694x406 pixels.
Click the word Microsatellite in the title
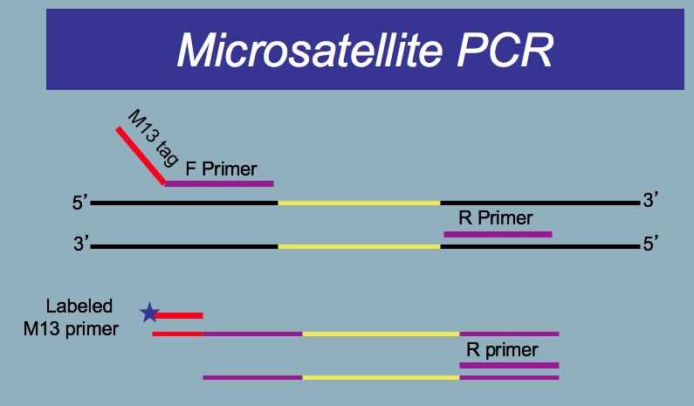coord(310,50)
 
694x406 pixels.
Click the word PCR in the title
coord(505,50)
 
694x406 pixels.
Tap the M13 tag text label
coord(153,138)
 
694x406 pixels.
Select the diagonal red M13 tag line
coord(141,155)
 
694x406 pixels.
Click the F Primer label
coord(221,169)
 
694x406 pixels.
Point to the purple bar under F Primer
coord(219,183)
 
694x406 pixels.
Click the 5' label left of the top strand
coord(79,203)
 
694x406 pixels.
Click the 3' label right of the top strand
coord(650,200)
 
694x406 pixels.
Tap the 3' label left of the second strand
coord(81,244)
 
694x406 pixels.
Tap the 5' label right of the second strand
coord(650,244)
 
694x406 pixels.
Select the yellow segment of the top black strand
coord(359,203)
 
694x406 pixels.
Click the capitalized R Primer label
coord(495,217)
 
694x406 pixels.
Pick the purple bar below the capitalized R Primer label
coord(498,234)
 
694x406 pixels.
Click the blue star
coord(149,313)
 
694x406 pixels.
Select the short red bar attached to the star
coord(179,316)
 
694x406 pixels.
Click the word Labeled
coord(79,306)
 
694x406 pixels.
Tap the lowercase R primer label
coord(502,350)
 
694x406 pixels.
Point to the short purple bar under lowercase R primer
coord(510,365)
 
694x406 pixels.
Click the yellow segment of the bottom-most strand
coord(381,378)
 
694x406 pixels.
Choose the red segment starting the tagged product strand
coord(177,334)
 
